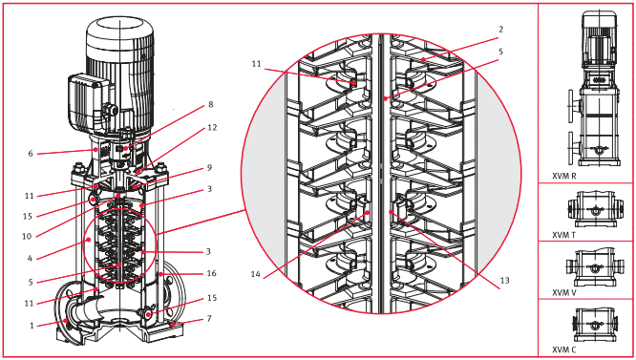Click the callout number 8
[210, 105]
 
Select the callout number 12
[212, 127]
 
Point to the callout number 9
[209, 167]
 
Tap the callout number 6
[31, 153]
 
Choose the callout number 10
[27, 236]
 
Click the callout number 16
[211, 273]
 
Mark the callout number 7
[209, 318]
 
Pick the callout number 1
[32, 325]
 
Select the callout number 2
[501, 30]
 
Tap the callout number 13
[504, 281]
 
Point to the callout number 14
[256, 274]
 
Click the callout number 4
[30, 258]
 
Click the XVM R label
[564, 177]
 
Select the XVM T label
[563, 235]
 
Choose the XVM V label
[564, 293]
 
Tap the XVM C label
[564, 349]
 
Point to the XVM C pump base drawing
[594, 325]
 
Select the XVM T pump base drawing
[594, 209]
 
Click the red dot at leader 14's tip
[367, 212]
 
